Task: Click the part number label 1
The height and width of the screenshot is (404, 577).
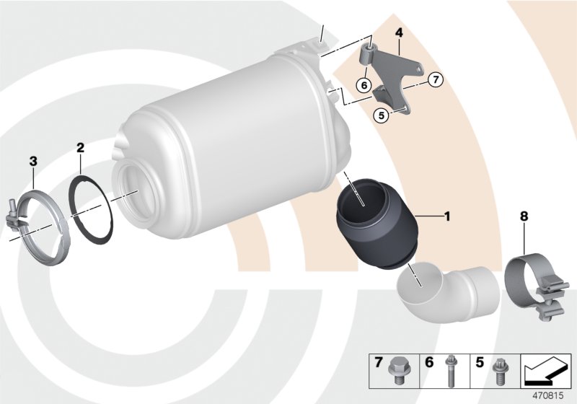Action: [447, 215]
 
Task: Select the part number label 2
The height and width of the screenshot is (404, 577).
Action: [81, 148]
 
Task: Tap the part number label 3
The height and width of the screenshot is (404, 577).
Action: [32, 160]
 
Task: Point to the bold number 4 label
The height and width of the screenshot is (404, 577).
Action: [398, 32]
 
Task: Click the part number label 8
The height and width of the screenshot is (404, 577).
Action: [524, 215]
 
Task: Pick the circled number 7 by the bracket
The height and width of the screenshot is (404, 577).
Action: [434, 80]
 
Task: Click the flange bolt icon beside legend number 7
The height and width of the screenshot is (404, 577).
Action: [396, 367]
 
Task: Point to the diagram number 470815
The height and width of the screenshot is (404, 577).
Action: [549, 394]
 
